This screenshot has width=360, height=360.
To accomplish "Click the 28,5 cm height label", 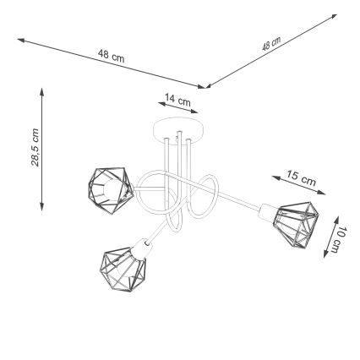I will pyautogui.click(x=33, y=147).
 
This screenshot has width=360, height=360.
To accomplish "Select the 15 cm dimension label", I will pyautogui.click(x=301, y=177).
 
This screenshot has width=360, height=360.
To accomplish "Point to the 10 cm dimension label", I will pyautogui.click(x=338, y=238).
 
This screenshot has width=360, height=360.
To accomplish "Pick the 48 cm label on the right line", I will pyautogui.click(x=271, y=44).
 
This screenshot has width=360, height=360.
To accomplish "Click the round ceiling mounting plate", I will pyautogui.click(x=179, y=129).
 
